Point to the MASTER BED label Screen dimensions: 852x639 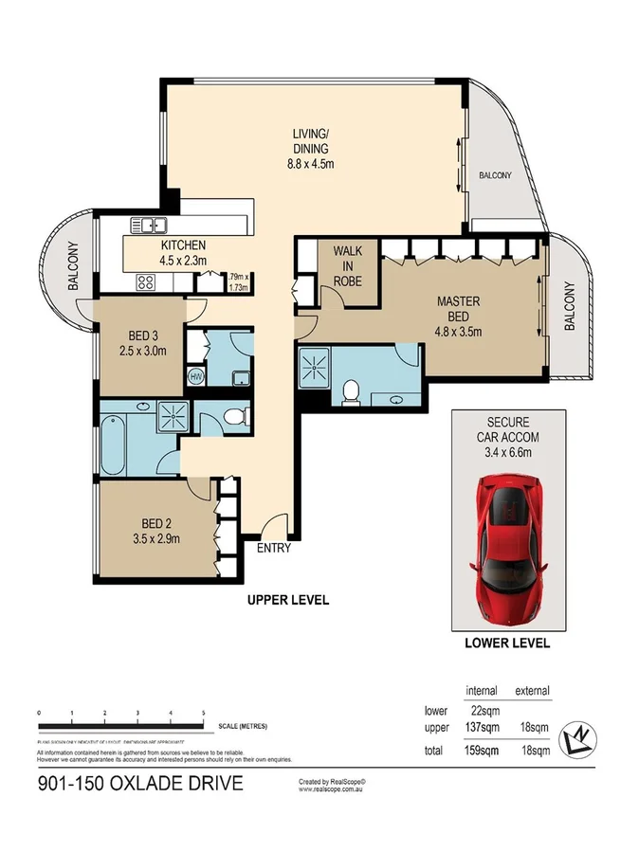pyautogui.click(x=459, y=316)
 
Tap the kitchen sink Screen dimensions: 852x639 pyautogui.click(x=147, y=226)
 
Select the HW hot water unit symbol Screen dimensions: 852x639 pyautogui.click(x=197, y=377)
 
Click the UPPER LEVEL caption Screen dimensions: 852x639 pyautogui.click(x=287, y=599)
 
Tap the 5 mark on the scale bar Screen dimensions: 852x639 pyautogui.click(x=203, y=712)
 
